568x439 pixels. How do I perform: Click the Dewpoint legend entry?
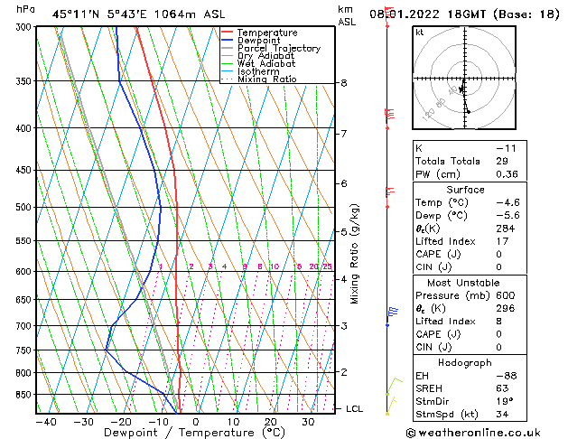coord(256,41)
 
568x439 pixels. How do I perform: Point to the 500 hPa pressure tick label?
coord(21,208)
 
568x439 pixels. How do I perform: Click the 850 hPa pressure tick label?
coord(21,395)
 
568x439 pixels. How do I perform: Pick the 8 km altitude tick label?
coord(344,83)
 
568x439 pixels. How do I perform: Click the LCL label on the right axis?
coord(355,409)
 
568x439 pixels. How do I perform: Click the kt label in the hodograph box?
coord(420,33)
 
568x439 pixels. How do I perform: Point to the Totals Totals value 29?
coord(502,161)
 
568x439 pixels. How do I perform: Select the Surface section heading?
coord(458,190)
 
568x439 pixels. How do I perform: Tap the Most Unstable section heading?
coord(458,283)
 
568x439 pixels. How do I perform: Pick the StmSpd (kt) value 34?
coord(502,416)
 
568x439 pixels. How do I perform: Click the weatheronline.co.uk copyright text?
coord(486,433)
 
